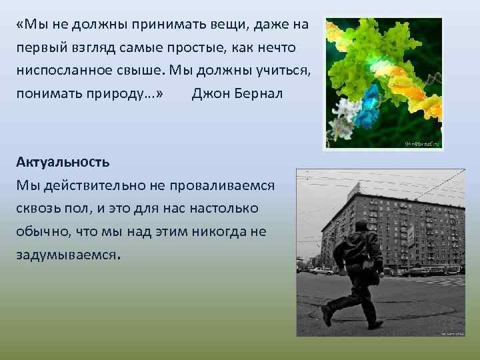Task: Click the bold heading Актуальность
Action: [63, 162]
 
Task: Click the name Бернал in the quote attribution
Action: [259, 93]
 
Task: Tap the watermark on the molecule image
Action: [423, 142]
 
